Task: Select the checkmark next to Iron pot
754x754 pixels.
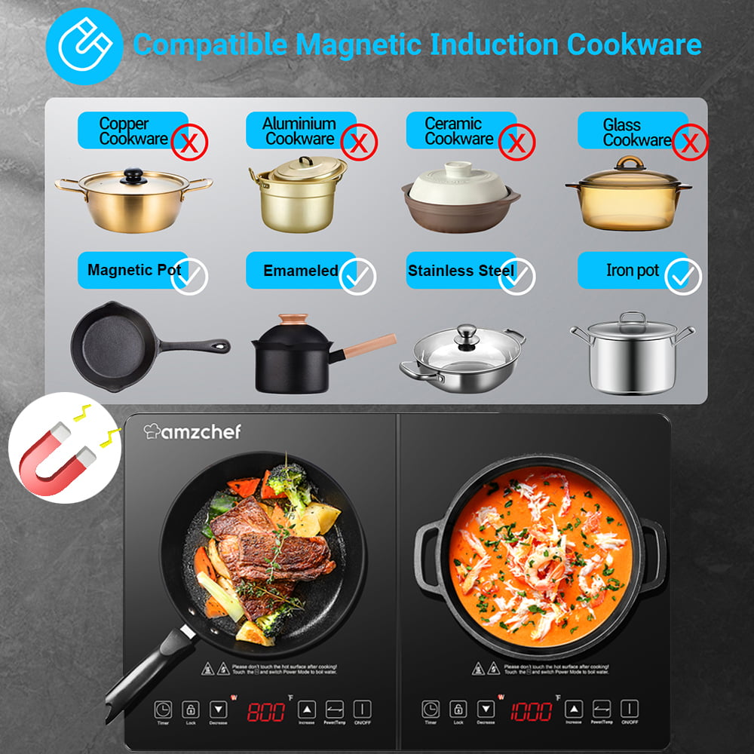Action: tap(684, 277)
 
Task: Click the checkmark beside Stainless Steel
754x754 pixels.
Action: tap(517, 277)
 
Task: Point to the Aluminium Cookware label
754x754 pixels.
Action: tap(299, 130)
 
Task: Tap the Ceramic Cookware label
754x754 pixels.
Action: tap(458, 130)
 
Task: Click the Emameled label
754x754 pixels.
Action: tap(300, 271)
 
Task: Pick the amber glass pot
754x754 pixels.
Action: tap(628, 198)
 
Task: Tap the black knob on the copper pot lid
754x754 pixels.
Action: tap(134, 176)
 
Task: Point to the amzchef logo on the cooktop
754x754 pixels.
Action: tap(192, 431)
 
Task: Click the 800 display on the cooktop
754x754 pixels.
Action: tap(266, 711)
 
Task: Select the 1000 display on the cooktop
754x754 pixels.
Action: tap(531, 711)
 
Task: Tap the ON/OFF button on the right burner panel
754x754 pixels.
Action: tap(630, 710)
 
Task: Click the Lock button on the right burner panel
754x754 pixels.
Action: tap(458, 710)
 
